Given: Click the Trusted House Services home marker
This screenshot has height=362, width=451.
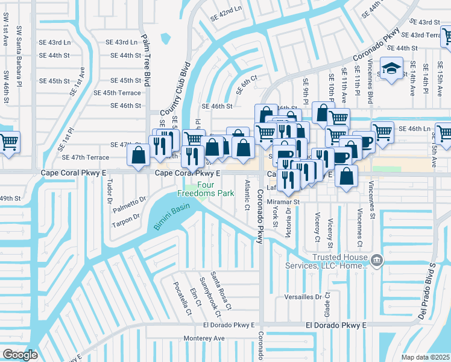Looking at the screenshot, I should pyautogui.click(x=377, y=261).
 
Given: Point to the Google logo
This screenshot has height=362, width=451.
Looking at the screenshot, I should pyautogui.click(x=20, y=355).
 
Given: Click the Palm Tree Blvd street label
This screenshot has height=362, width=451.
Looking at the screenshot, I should pyautogui.click(x=146, y=60).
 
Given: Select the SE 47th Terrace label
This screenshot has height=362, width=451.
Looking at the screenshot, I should pyautogui.click(x=86, y=157).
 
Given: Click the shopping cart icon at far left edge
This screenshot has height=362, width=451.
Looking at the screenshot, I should pyautogui.click(x=8, y=142).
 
